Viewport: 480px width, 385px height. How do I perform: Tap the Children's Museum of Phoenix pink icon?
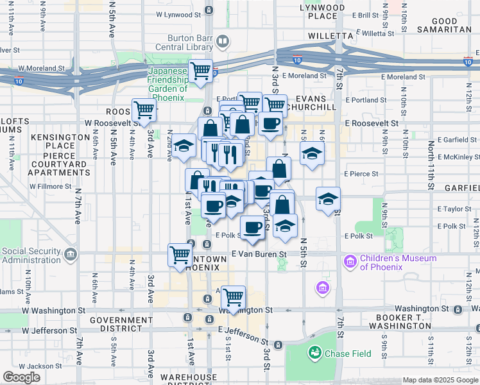coord(350,262)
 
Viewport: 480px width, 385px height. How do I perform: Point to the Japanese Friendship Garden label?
coord(167,84)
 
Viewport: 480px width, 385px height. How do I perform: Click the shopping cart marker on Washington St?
coord(234,297)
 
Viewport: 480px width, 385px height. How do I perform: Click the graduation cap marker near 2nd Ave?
coord(184,146)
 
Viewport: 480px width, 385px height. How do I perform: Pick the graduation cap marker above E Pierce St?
coord(312,153)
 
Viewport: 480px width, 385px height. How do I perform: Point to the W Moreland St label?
coord(42,67)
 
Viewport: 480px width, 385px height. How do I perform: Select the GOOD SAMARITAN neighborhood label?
coord(445,25)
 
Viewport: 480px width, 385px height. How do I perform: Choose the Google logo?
coord(21,377)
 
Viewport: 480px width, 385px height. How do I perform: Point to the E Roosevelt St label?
coord(371,122)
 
